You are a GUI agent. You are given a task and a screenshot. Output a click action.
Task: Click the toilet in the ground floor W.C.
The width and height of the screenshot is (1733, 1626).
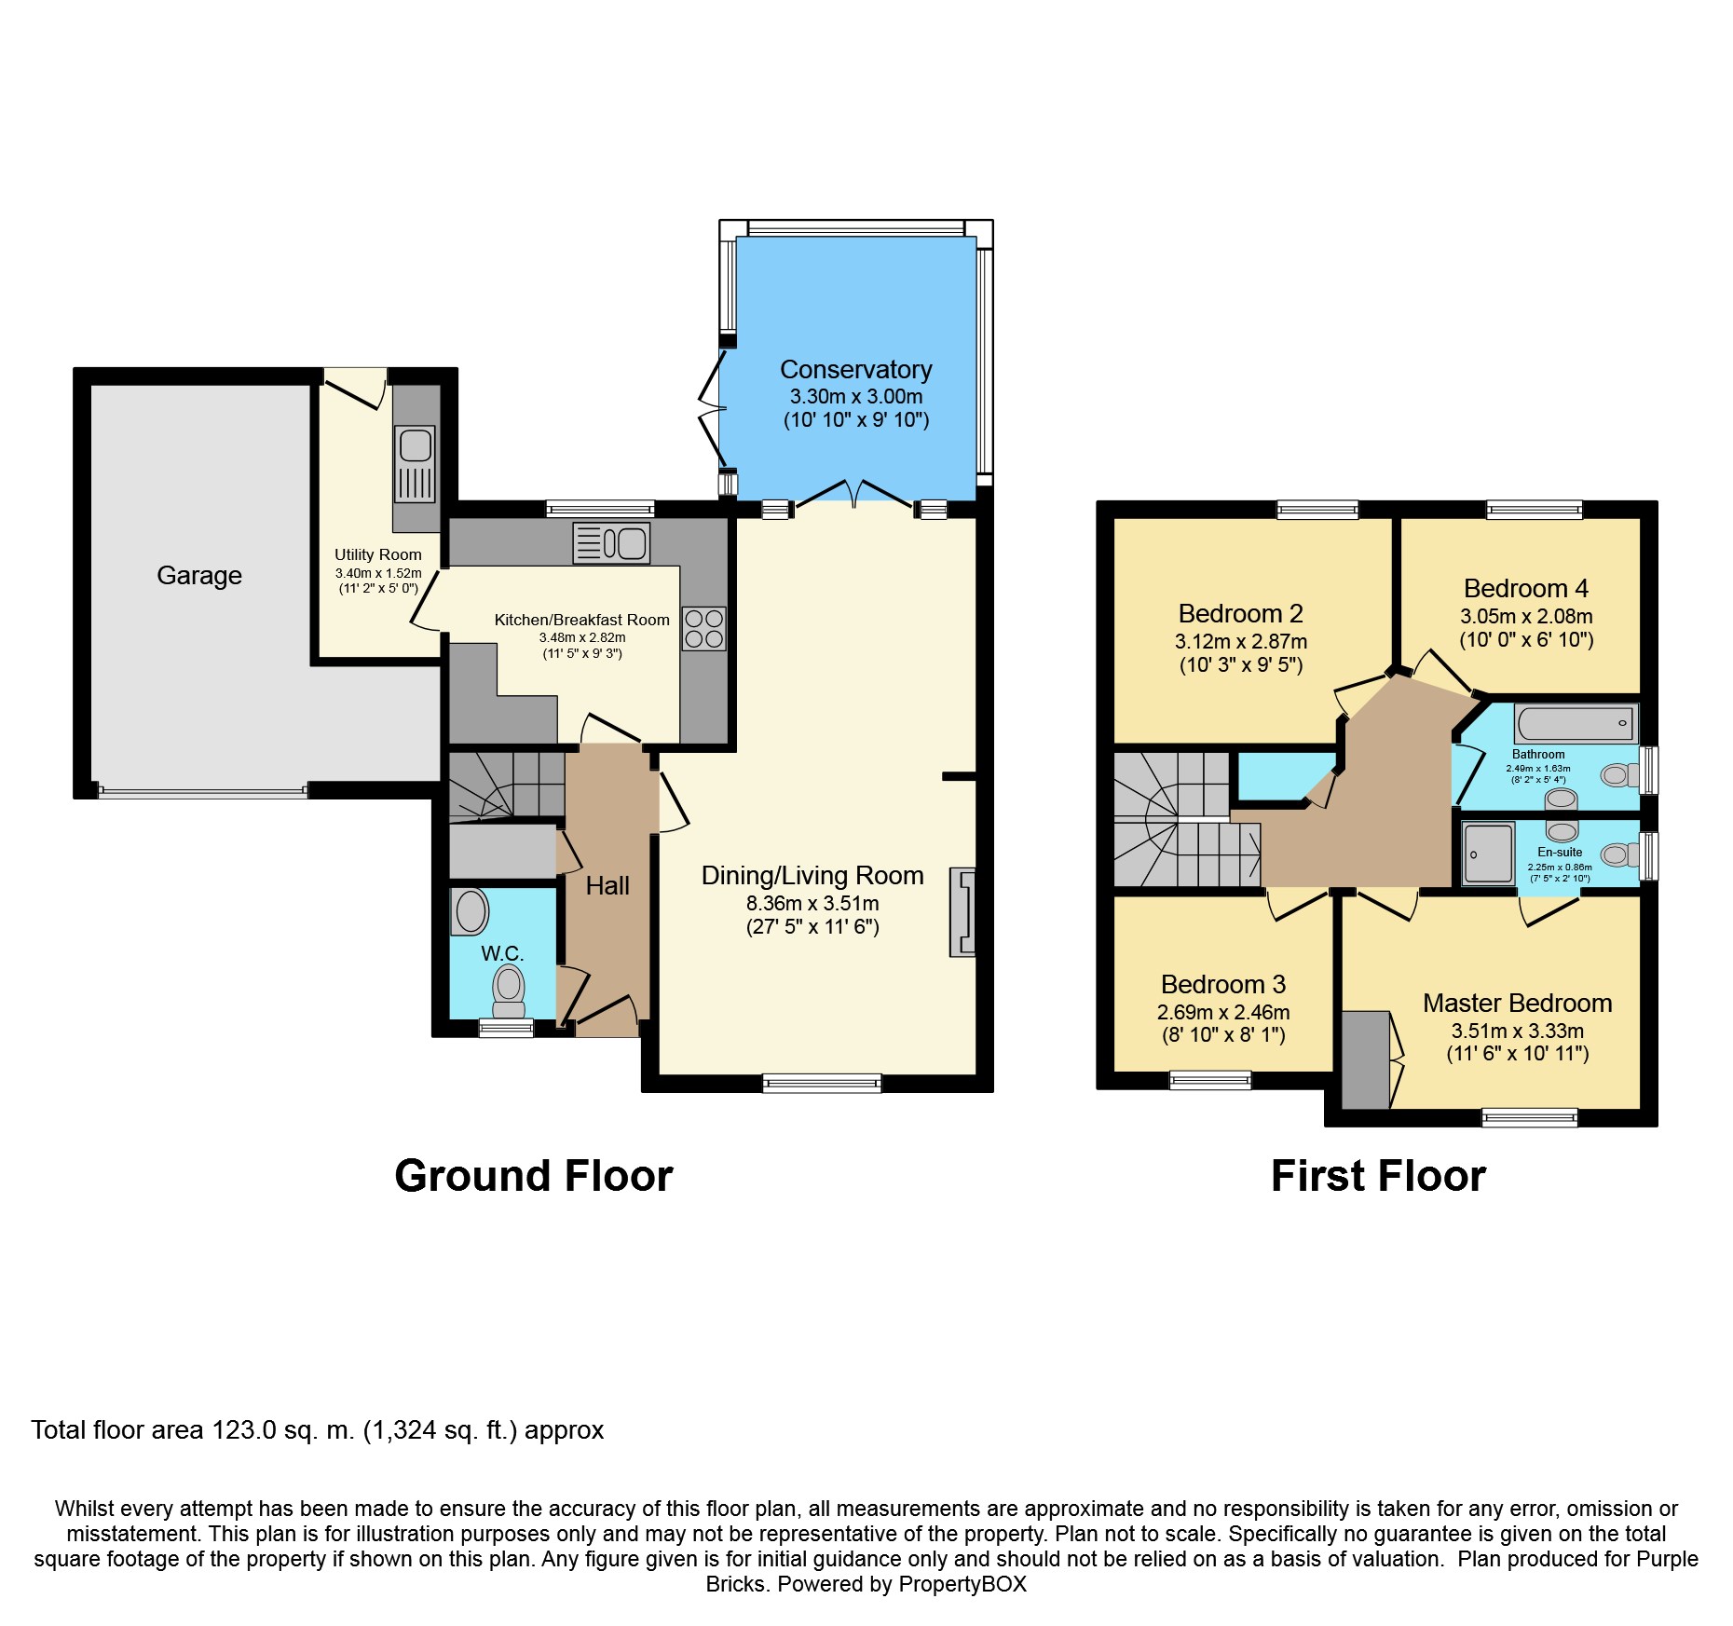509,991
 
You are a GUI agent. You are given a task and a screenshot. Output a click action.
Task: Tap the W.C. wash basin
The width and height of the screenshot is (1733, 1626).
470,911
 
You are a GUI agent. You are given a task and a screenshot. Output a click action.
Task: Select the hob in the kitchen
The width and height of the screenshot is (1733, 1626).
704,628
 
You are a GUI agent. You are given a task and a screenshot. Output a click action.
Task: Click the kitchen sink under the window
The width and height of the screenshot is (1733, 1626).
611,542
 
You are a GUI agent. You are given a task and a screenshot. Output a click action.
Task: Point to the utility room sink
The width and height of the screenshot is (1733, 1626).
415,464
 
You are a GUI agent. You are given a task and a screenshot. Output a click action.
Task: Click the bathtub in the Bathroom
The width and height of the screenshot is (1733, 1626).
1575,723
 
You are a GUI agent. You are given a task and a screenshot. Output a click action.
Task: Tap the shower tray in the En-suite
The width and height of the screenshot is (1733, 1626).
1488,853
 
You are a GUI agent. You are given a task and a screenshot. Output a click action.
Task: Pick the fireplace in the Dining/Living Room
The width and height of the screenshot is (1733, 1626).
962,911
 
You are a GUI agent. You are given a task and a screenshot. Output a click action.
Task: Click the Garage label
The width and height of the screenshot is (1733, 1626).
199,576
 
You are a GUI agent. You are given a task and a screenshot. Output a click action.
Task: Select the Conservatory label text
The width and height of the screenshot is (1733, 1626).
856,370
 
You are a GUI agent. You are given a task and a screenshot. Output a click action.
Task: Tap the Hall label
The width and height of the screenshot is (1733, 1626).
607,885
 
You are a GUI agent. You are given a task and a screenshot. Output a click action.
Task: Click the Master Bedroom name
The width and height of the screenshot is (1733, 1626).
1518,1003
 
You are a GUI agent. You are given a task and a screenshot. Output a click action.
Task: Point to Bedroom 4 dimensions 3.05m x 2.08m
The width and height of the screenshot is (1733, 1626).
1526,616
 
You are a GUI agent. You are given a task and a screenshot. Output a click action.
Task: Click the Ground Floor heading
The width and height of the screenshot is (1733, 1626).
534,1176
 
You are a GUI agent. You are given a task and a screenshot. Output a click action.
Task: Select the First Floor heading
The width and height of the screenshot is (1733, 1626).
1379,1176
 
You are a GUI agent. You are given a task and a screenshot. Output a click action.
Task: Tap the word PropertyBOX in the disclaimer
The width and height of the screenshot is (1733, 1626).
963,1584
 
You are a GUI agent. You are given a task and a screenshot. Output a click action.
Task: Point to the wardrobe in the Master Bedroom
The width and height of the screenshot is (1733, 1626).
1366,1059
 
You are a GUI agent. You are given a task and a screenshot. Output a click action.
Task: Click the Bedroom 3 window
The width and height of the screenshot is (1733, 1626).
1210,1080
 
